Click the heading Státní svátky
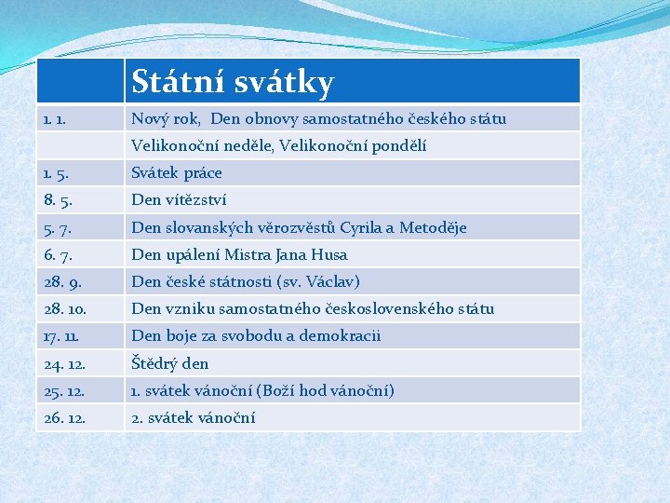[232, 83]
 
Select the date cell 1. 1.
[54, 119]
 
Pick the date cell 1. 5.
[54, 173]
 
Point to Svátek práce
[177, 173]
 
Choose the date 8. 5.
[56, 200]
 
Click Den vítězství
[179, 200]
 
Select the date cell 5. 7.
[56, 228]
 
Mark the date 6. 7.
[56, 255]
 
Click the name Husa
[329, 255]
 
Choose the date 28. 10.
[63, 309]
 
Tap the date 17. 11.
[62, 336]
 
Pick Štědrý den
[170, 364]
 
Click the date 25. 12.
[63, 391]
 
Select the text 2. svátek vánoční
[194, 418]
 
